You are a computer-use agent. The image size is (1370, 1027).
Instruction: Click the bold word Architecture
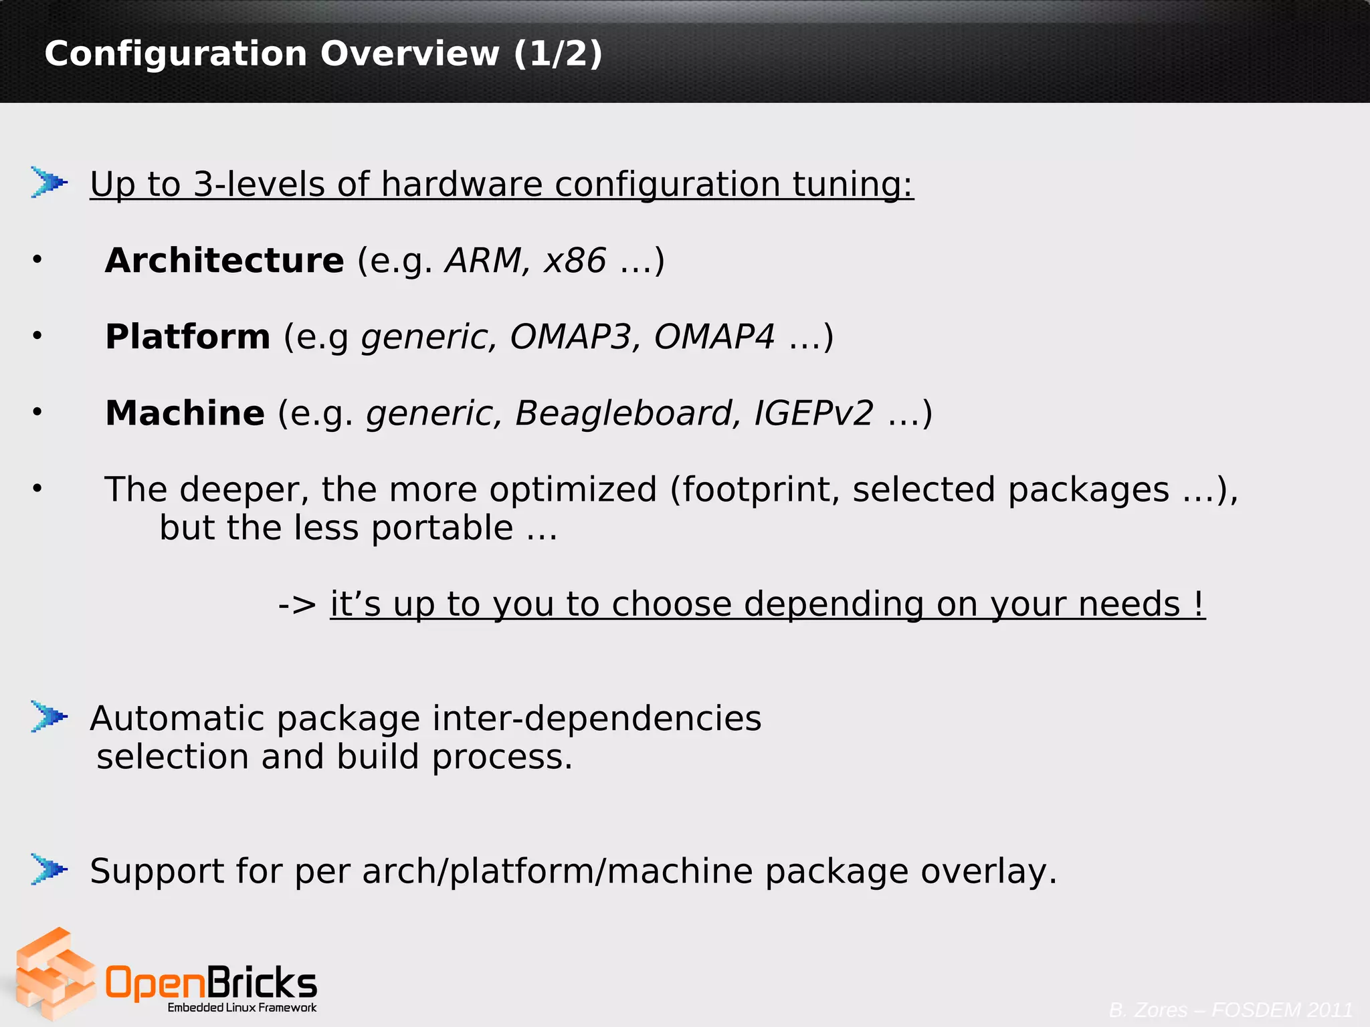coord(224,261)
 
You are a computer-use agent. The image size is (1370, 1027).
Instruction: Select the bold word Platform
coord(187,337)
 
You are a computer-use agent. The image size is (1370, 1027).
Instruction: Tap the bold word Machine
coord(185,413)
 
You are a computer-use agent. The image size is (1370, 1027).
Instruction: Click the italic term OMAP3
coord(570,337)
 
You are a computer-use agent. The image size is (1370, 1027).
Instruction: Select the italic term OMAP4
coord(714,337)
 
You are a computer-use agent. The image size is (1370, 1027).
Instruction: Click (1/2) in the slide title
coord(558,53)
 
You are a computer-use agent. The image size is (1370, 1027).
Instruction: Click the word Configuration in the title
coord(175,53)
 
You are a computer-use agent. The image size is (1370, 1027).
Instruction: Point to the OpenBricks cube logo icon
coord(55,974)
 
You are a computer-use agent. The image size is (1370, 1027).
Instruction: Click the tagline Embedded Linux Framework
coord(242,1008)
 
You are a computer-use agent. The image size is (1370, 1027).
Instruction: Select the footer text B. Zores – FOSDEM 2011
coord(1231,1010)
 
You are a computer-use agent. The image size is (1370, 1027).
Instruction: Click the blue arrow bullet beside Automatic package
coord(49,717)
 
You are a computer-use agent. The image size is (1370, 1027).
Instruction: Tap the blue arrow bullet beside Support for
coord(49,869)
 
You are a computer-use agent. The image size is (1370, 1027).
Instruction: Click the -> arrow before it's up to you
coord(297,604)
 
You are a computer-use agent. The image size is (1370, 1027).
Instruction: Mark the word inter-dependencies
coord(597,719)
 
